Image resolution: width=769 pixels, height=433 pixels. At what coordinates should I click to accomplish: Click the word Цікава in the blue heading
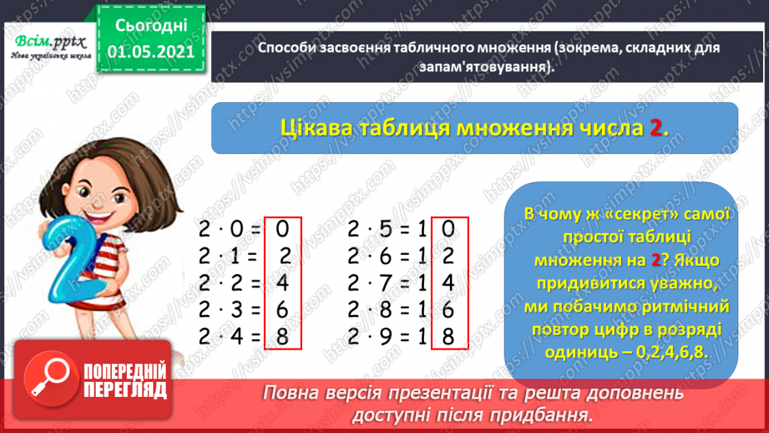318,128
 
